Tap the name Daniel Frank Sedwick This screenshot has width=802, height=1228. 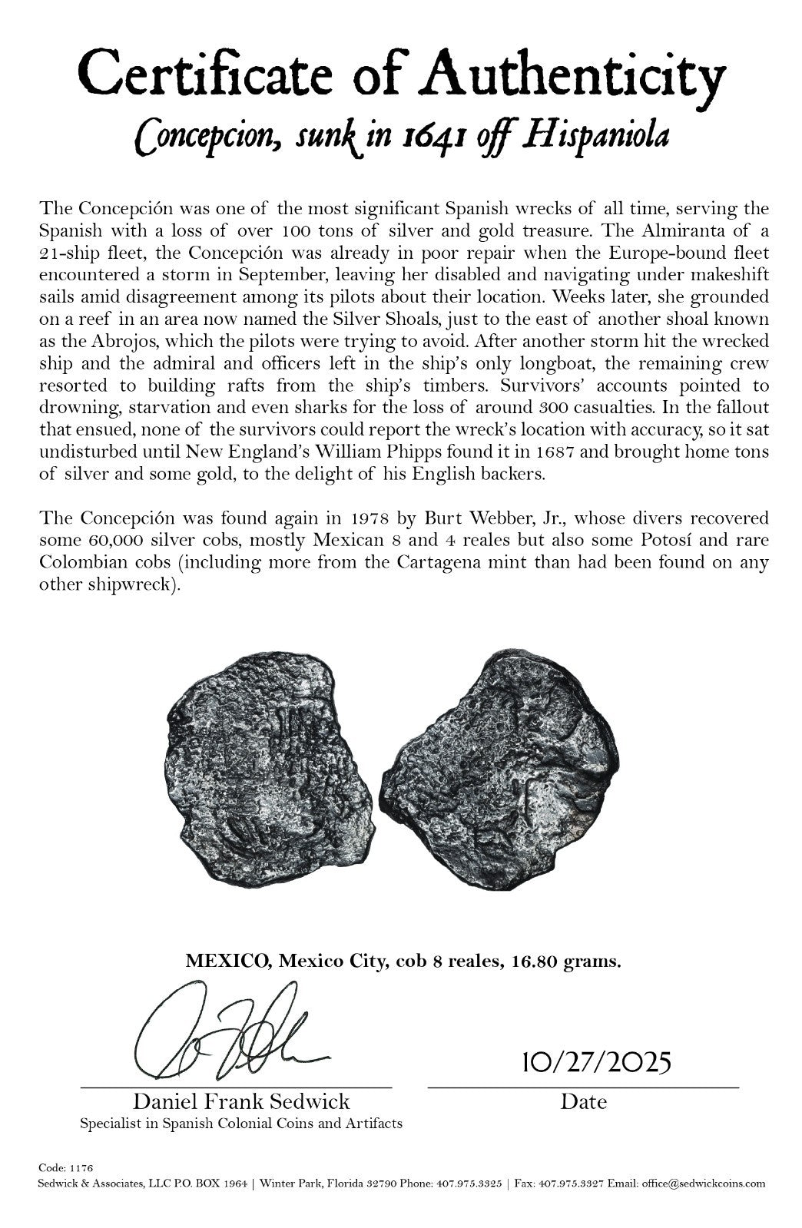(x=241, y=1101)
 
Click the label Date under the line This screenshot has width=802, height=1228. (x=583, y=1102)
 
